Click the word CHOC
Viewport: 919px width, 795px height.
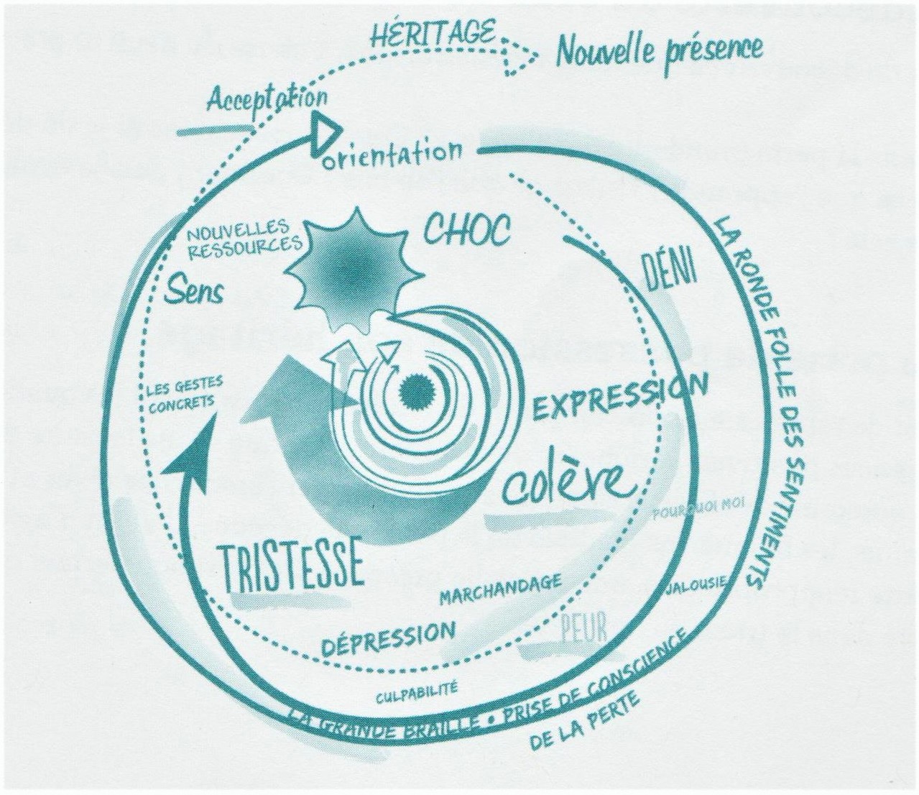pyautogui.click(x=467, y=230)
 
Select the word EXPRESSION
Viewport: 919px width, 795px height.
pyautogui.click(x=620, y=397)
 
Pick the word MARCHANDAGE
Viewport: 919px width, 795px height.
pyautogui.click(x=500, y=588)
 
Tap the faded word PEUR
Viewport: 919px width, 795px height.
pyautogui.click(x=583, y=627)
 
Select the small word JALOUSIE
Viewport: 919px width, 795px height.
pyautogui.click(x=698, y=583)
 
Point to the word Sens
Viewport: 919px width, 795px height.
pyautogui.click(x=193, y=289)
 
